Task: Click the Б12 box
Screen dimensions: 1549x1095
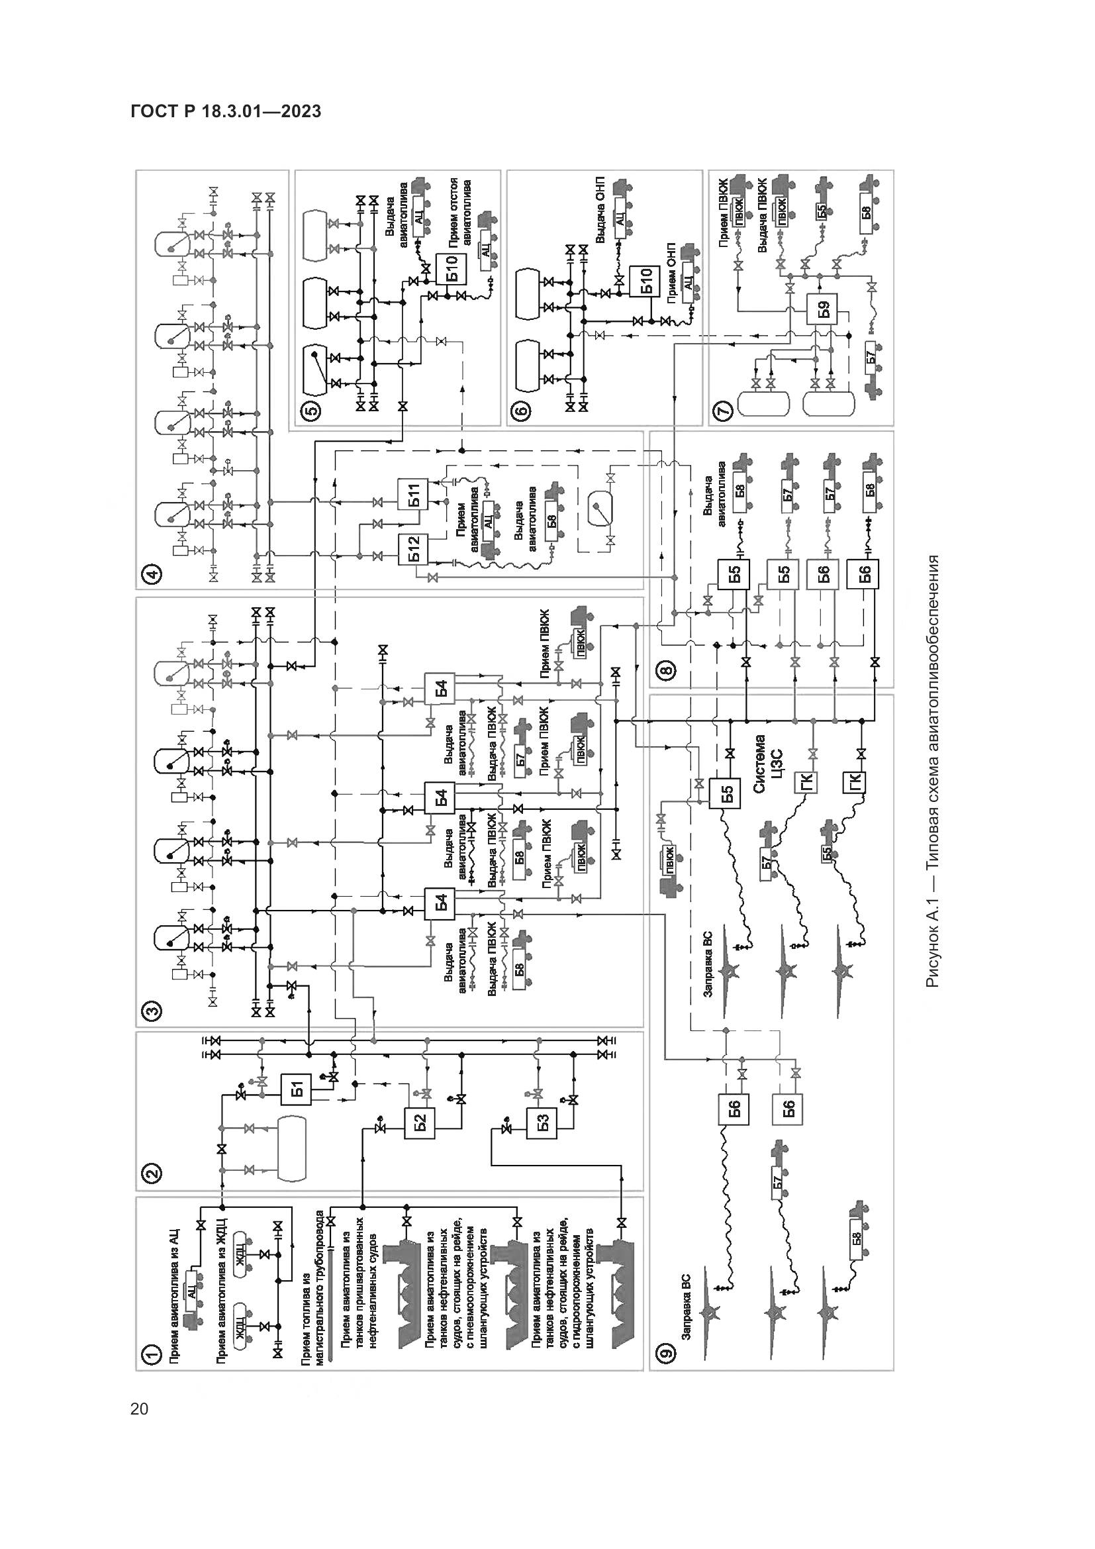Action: click(413, 549)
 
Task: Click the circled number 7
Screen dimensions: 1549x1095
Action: click(723, 410)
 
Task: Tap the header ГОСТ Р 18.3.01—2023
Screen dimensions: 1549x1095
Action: click(226, 111)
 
